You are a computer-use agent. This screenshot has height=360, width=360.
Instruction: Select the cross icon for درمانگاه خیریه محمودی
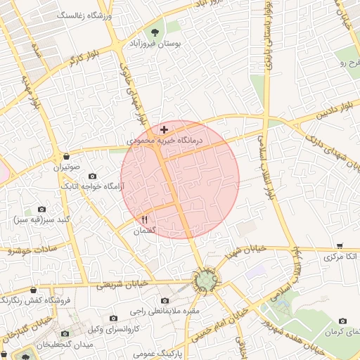point(164,129)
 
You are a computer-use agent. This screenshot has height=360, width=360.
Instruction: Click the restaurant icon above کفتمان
point(145,219)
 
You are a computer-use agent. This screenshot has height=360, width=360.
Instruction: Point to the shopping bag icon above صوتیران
point(66,156)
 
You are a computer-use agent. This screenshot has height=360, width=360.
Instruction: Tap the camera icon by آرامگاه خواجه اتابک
point(92,176)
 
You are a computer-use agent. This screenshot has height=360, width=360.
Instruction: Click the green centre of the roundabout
point(205,282)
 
